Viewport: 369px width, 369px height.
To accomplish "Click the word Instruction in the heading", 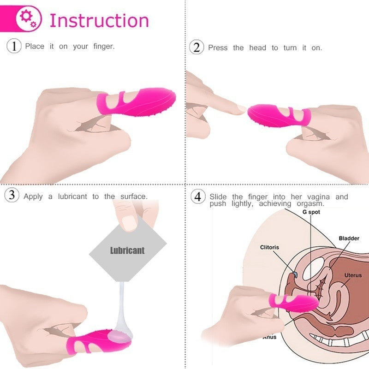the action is point(99,21).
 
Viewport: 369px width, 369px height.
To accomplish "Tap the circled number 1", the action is point(14,46).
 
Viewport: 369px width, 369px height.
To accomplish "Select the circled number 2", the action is point(196,48).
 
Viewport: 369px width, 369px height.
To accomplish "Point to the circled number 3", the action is point(12,195).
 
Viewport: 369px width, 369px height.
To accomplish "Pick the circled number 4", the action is point(198,196).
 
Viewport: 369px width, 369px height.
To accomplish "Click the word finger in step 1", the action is point(104,46).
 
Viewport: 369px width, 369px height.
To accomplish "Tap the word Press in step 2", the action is point(218,48).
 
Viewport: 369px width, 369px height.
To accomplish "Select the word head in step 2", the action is point(258,48).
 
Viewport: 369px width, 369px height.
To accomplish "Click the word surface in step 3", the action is point(134,196).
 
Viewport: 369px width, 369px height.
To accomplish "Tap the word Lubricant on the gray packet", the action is point(127,250).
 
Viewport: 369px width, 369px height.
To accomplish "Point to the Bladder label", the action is point(349,238).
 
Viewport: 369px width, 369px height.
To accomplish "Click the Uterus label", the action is point(353,275).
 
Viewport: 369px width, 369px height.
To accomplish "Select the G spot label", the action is point(311,212).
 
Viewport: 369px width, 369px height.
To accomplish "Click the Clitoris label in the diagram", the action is point(269,247).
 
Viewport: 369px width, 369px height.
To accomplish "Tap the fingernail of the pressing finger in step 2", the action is point(242,108).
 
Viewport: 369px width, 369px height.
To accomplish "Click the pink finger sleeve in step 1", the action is point(137,102).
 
